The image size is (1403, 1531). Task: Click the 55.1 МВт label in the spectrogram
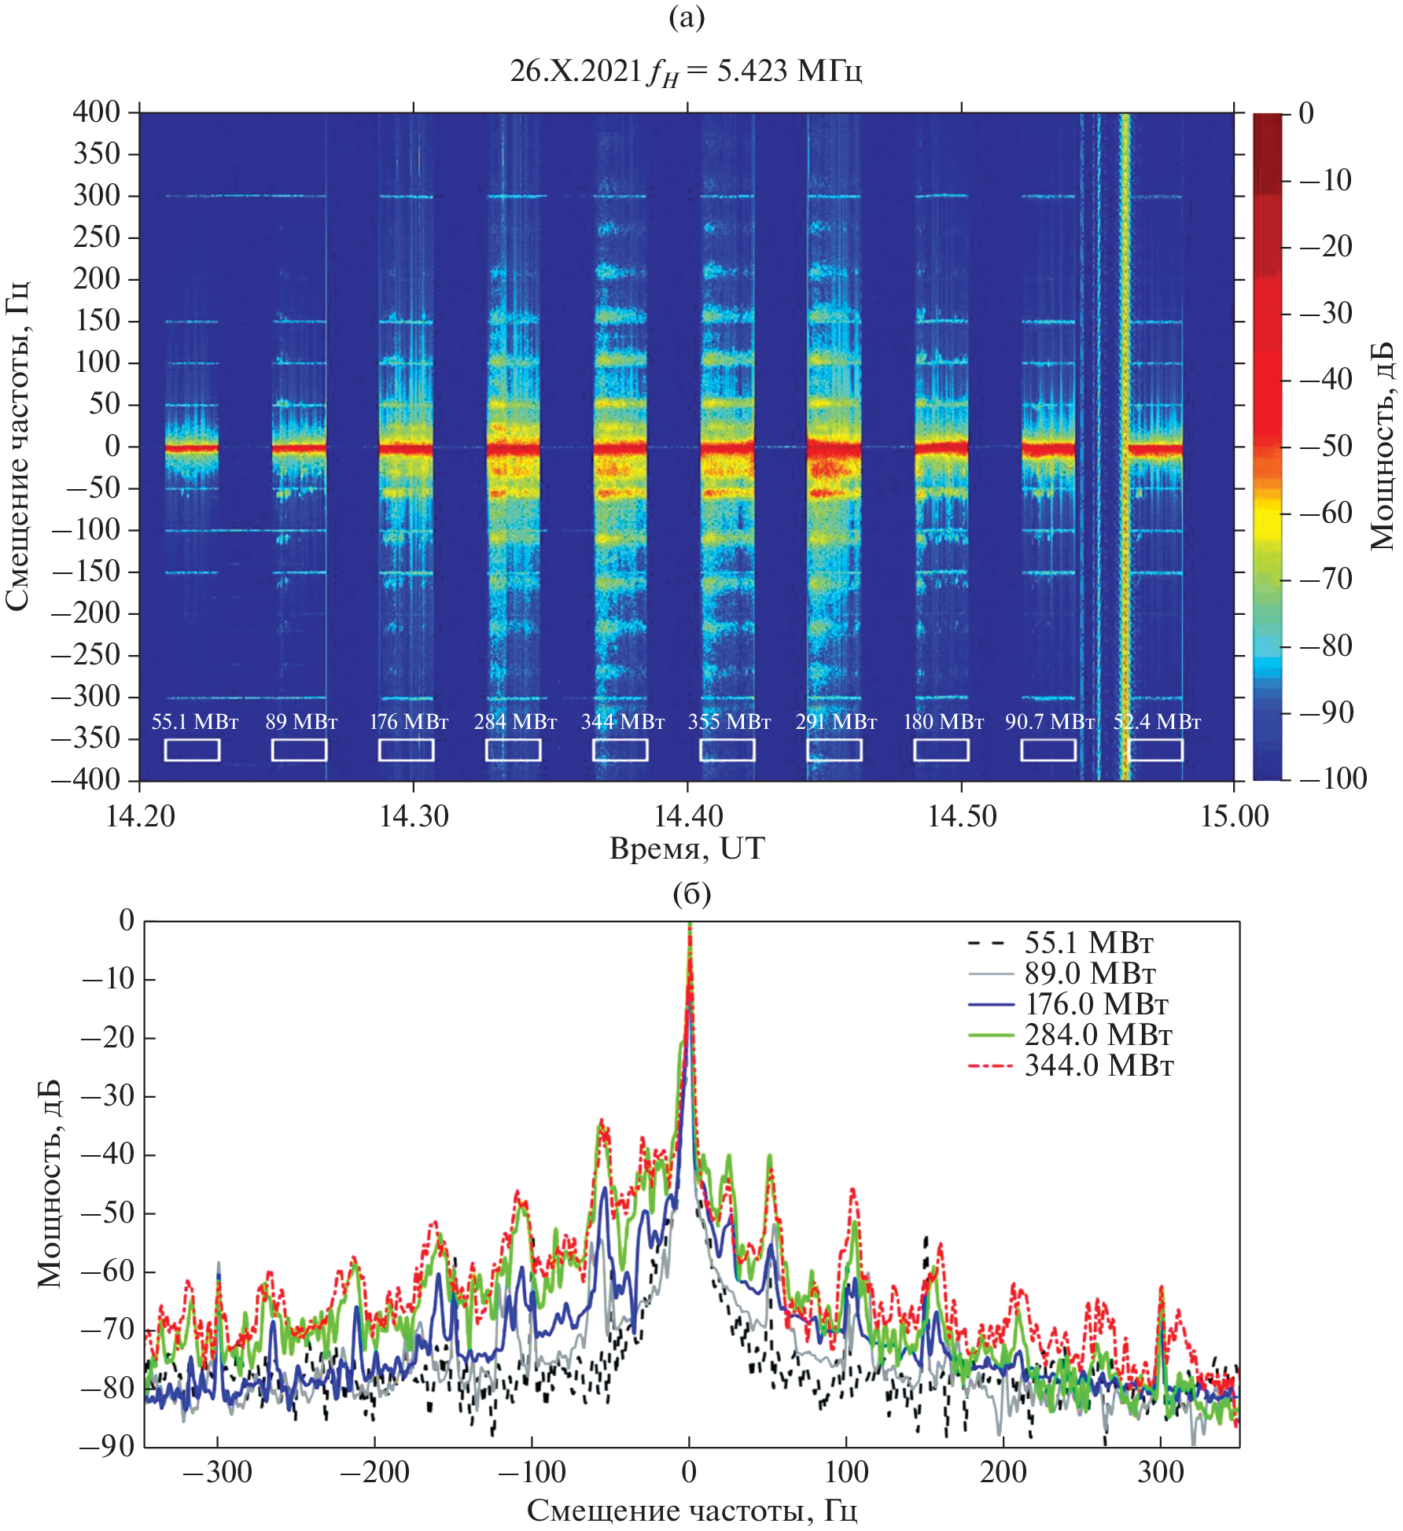point(194,721)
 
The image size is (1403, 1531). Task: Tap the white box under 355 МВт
point(727,749)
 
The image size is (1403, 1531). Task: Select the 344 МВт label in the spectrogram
point(622,721)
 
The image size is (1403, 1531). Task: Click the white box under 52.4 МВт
point(1155,749)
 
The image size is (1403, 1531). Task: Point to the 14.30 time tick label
point(414,816)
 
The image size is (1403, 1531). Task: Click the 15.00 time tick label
point(1234,816)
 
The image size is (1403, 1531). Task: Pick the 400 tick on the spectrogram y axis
point(96,112)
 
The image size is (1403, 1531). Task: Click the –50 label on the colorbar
point(1325,446)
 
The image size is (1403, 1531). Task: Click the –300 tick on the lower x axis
point(217,1471)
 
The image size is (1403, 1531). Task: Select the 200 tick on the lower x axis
point(1003,1471)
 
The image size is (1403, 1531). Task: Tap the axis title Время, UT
point(687,848)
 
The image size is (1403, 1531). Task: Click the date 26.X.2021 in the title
point(576,71)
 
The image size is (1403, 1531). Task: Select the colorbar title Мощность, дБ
point(1382,446)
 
